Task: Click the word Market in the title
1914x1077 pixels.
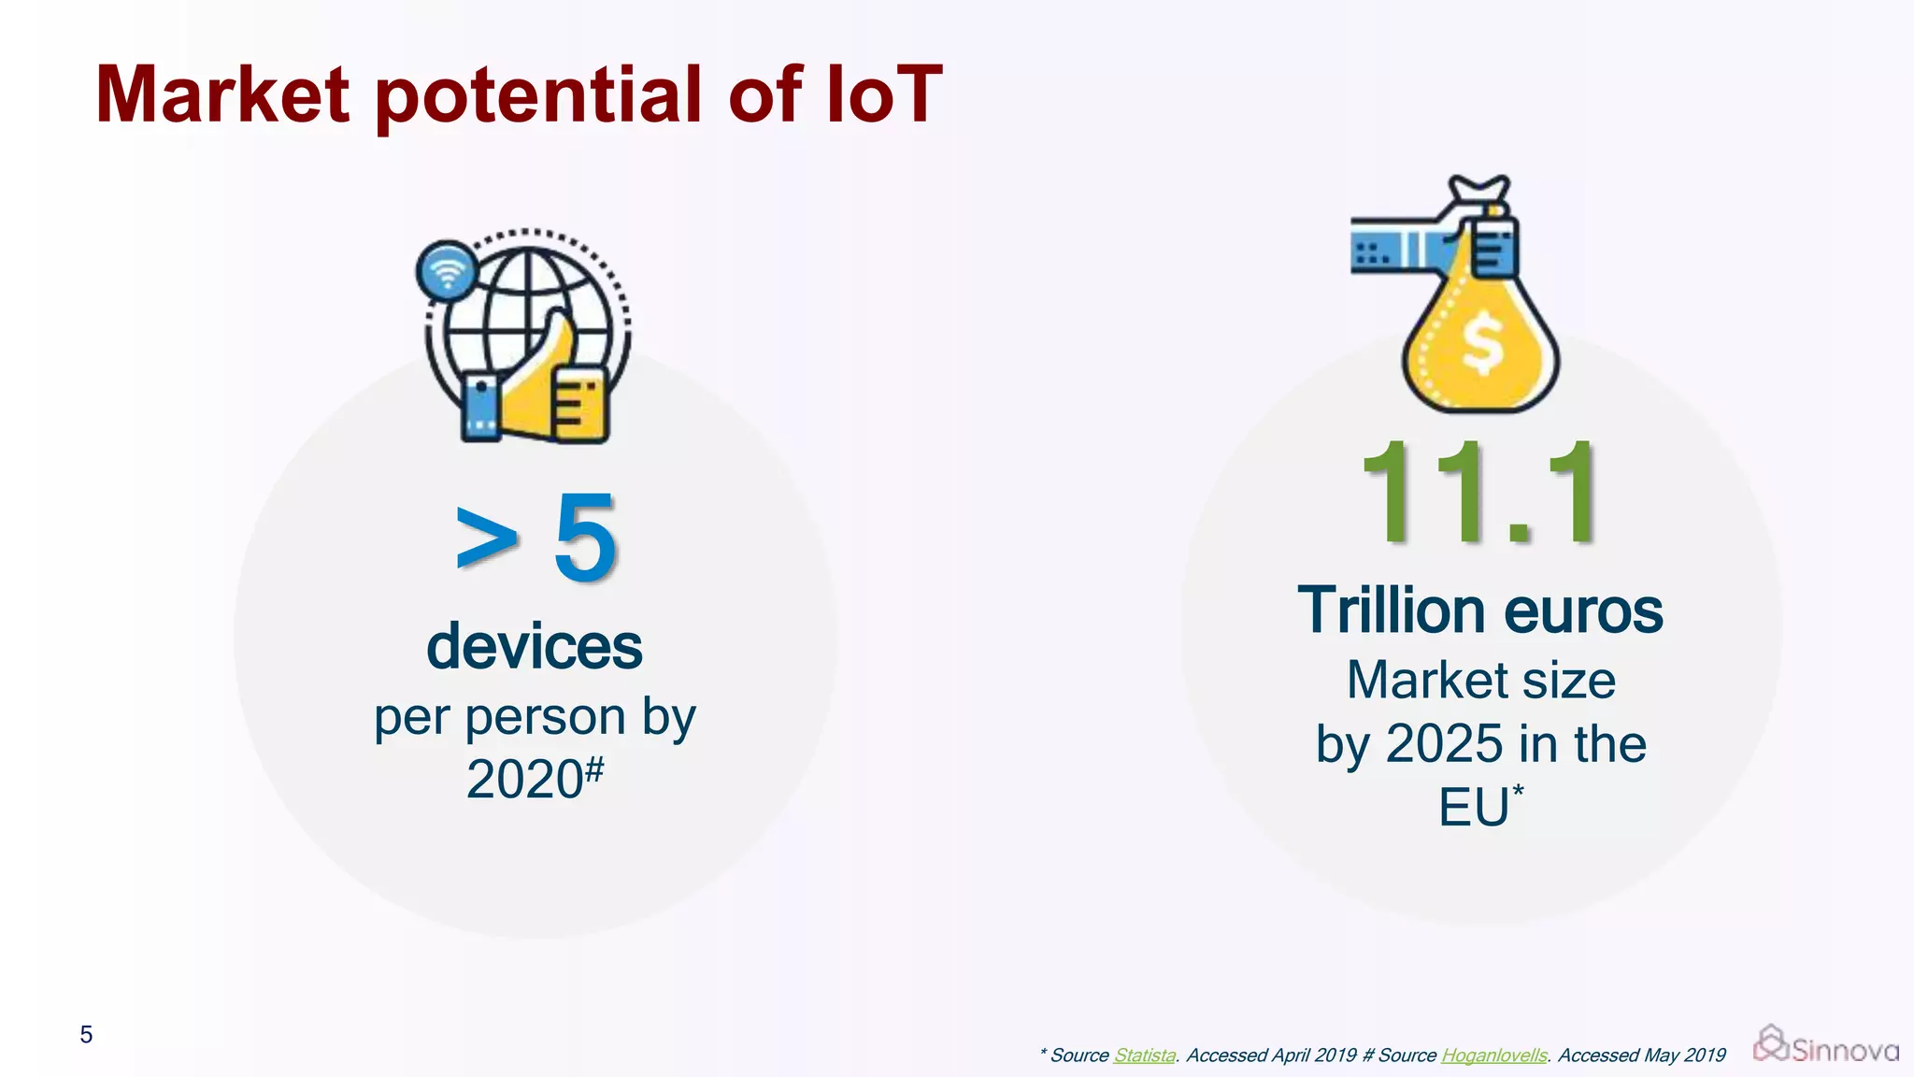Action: (222, 95)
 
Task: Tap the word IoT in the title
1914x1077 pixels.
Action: (884, 95)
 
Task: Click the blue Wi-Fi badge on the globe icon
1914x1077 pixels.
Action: (447, 271)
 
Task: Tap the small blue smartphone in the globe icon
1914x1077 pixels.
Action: (480, 408)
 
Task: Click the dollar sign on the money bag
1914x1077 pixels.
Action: (1482, 344)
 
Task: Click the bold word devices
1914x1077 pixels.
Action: (535, 647)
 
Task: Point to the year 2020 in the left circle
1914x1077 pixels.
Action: (524, 779)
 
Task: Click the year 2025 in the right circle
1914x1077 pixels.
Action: (1443, 744)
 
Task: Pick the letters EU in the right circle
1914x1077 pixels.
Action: (1473, 807)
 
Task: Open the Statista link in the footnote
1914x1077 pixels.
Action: (1144, 1055)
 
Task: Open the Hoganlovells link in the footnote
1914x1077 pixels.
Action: (1493, 1055)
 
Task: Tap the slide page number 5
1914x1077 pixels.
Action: (86, 1035)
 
